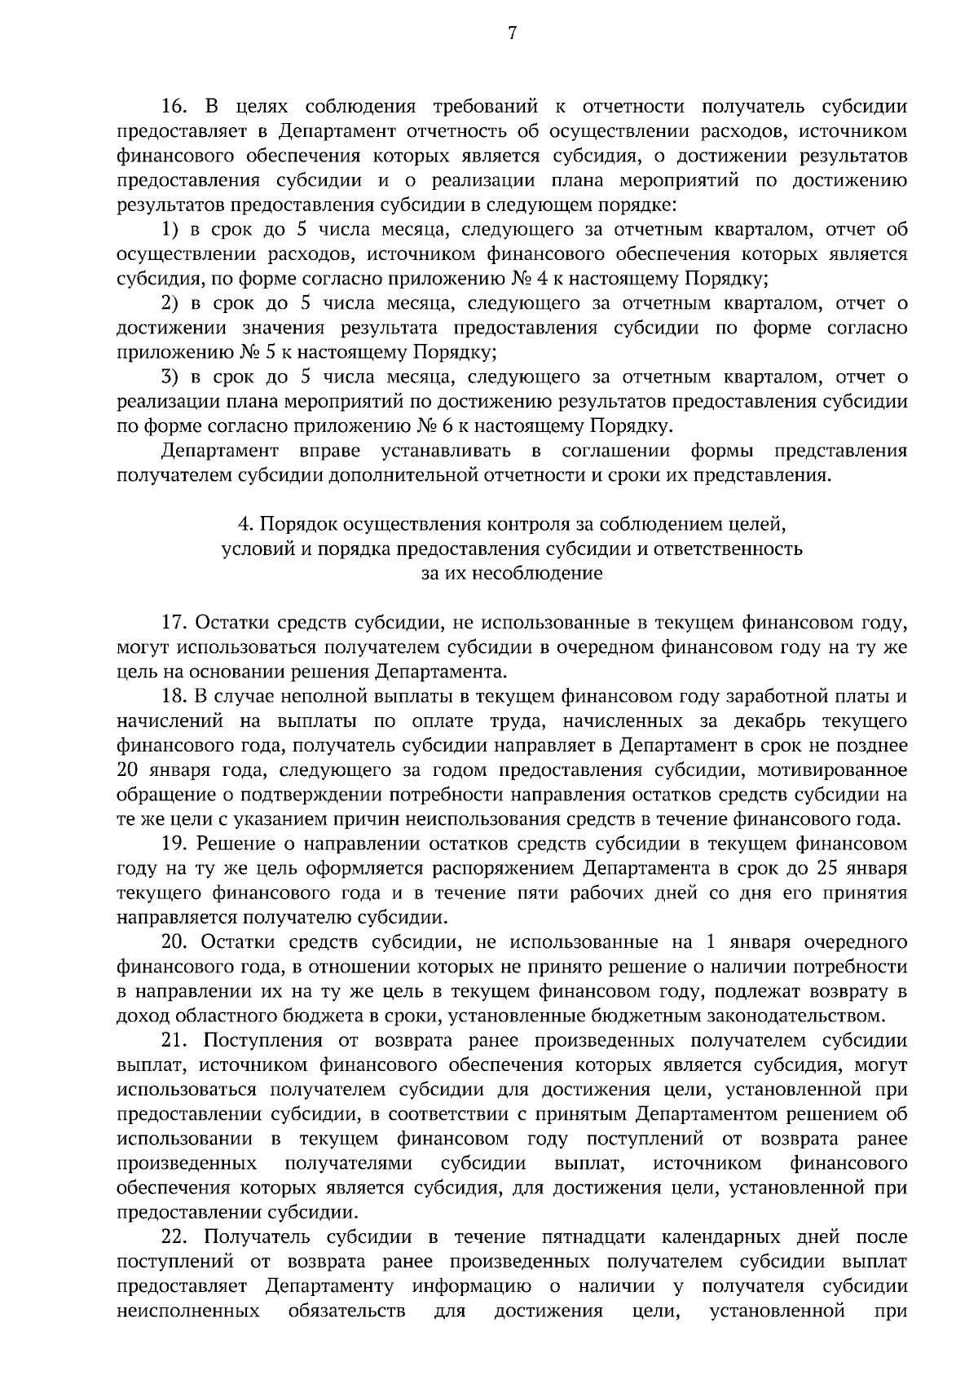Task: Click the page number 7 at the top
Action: pos(512,33)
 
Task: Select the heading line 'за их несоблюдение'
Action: pos(512,573)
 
